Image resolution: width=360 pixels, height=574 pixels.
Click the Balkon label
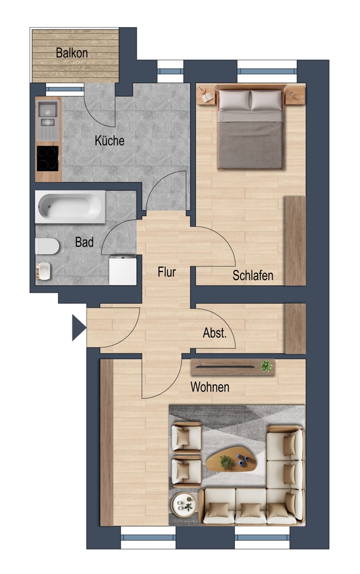[72, 53]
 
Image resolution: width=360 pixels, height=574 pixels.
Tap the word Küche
[110, 141]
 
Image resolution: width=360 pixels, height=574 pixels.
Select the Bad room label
[84, 242]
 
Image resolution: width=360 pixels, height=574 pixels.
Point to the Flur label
[167, 272]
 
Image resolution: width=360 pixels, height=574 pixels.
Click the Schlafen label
[253, 276]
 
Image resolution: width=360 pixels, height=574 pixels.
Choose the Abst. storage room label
[215, 333]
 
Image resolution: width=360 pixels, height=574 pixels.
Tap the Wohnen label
[210, 387]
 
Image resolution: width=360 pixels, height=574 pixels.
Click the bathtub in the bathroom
[70, 207]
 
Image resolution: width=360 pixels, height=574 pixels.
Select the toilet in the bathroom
[47, 246]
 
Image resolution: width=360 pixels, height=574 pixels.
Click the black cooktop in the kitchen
[48, 158]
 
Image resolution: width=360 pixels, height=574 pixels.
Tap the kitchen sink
[48, 114]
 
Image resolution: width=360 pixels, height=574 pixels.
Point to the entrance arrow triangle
[79, 328]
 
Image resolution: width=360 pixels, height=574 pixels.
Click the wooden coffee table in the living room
[231, 458]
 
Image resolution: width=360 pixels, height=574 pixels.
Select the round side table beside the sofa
[184, 505]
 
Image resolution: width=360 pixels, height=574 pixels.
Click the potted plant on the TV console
[266, 366]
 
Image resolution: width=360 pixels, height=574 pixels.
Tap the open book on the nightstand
[207, 98]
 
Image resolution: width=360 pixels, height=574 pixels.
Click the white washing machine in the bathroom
[123, 270]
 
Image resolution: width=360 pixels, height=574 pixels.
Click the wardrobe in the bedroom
[295, 241]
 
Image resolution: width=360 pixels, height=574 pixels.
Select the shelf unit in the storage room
[295, 328]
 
